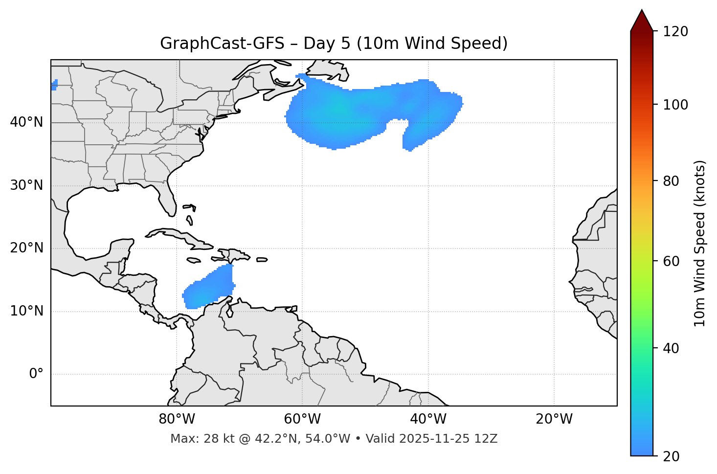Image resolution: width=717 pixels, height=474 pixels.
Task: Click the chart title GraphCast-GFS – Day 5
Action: tap(334, 44)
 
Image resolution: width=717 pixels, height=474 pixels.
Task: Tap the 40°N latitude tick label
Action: tap(26, 122)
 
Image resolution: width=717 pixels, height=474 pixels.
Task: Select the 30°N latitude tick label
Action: tap(26, 185)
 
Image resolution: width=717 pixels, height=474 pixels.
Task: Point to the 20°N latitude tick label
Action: tap(26, 248)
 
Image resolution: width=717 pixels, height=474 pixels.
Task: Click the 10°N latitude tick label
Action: tap(26, 311)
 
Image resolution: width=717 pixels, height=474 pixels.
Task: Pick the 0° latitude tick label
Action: tap(36, 374)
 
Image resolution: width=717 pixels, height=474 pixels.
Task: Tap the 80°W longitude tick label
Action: tap(177, 419)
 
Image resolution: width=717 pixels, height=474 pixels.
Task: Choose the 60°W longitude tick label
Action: tap(302, 419)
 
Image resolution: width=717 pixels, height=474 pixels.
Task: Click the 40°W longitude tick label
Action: tap(428, 419)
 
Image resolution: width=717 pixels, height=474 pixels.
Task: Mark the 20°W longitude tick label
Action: tap(554, 419)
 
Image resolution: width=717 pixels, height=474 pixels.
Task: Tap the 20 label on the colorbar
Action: tap(672, 456)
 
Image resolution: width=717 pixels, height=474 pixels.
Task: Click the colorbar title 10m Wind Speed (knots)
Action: tap(700, 243)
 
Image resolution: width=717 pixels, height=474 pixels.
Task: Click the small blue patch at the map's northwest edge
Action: tap(54, 85)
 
